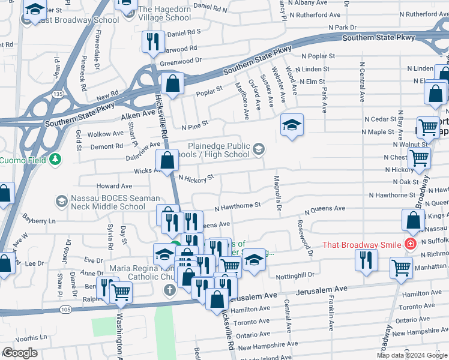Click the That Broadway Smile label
(362, 245)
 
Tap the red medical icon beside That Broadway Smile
(410, 244)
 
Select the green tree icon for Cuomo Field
(55, 159)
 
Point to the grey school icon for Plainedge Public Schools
(259, 149)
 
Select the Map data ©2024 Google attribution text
(412, 355)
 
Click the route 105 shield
(65, 309)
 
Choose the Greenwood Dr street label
(181, 61)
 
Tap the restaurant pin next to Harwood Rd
(152, 42)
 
